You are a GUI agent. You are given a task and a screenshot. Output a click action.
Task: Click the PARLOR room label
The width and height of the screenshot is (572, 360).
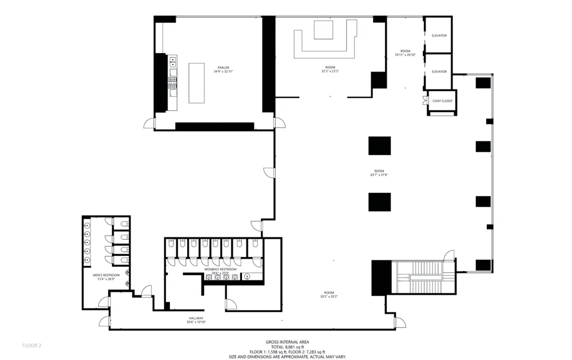[x=223, y=68]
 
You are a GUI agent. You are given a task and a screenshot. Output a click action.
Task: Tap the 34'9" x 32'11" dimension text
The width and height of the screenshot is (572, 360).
[x=223, y=72]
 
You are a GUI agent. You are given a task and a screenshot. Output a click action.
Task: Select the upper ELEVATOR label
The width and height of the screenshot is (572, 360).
[x=439, y=35]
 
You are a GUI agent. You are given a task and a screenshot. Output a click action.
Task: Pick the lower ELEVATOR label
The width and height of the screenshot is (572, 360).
[x=439, y=72]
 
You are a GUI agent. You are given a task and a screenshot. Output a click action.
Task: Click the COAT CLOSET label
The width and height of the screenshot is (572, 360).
[x=442, y=101]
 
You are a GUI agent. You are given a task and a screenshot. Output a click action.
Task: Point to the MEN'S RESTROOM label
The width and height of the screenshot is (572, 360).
[x=105, y=275]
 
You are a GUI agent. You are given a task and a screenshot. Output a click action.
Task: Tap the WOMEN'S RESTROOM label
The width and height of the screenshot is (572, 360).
[x=220, y=269]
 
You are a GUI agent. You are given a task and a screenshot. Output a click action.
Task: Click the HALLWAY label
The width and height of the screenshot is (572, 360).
[x=196, y=318]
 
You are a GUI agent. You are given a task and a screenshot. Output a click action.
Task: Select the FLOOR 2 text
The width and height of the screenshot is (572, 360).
[x=31, y=345]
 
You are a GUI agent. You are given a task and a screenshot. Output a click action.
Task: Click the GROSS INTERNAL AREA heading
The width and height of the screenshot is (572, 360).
[x=287, y=342]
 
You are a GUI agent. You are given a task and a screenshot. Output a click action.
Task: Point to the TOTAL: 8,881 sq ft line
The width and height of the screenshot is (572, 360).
[x=287, y=346]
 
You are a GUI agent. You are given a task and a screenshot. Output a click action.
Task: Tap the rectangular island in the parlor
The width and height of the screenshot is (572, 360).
[x=197, y=83]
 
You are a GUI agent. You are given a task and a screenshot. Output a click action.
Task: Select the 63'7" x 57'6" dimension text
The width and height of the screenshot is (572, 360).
[x=379, y=175]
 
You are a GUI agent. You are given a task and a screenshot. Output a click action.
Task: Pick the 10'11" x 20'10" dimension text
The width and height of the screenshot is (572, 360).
[x=406, y=55]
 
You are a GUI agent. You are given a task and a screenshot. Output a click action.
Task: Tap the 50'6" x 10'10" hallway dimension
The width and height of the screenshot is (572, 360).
[x=196, y=322]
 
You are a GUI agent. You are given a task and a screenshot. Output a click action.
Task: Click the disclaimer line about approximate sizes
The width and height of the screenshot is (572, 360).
[x=287, y=356]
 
